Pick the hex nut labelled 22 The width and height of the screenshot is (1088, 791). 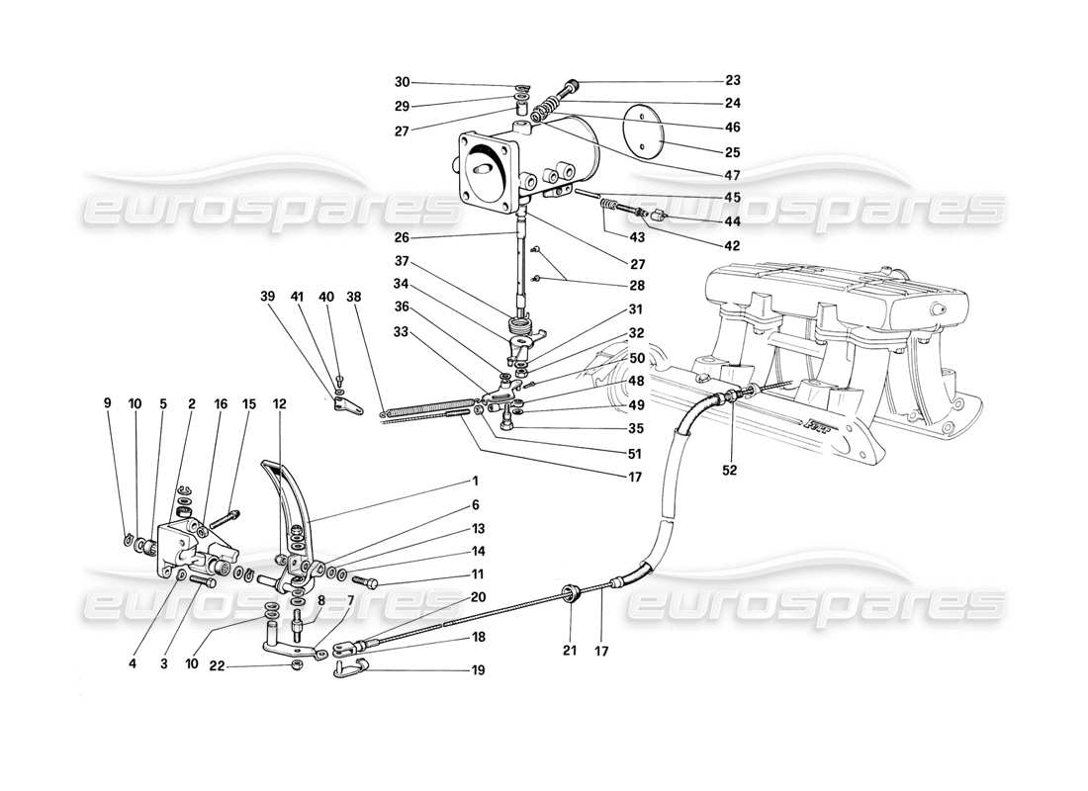[x=297, y=665]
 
